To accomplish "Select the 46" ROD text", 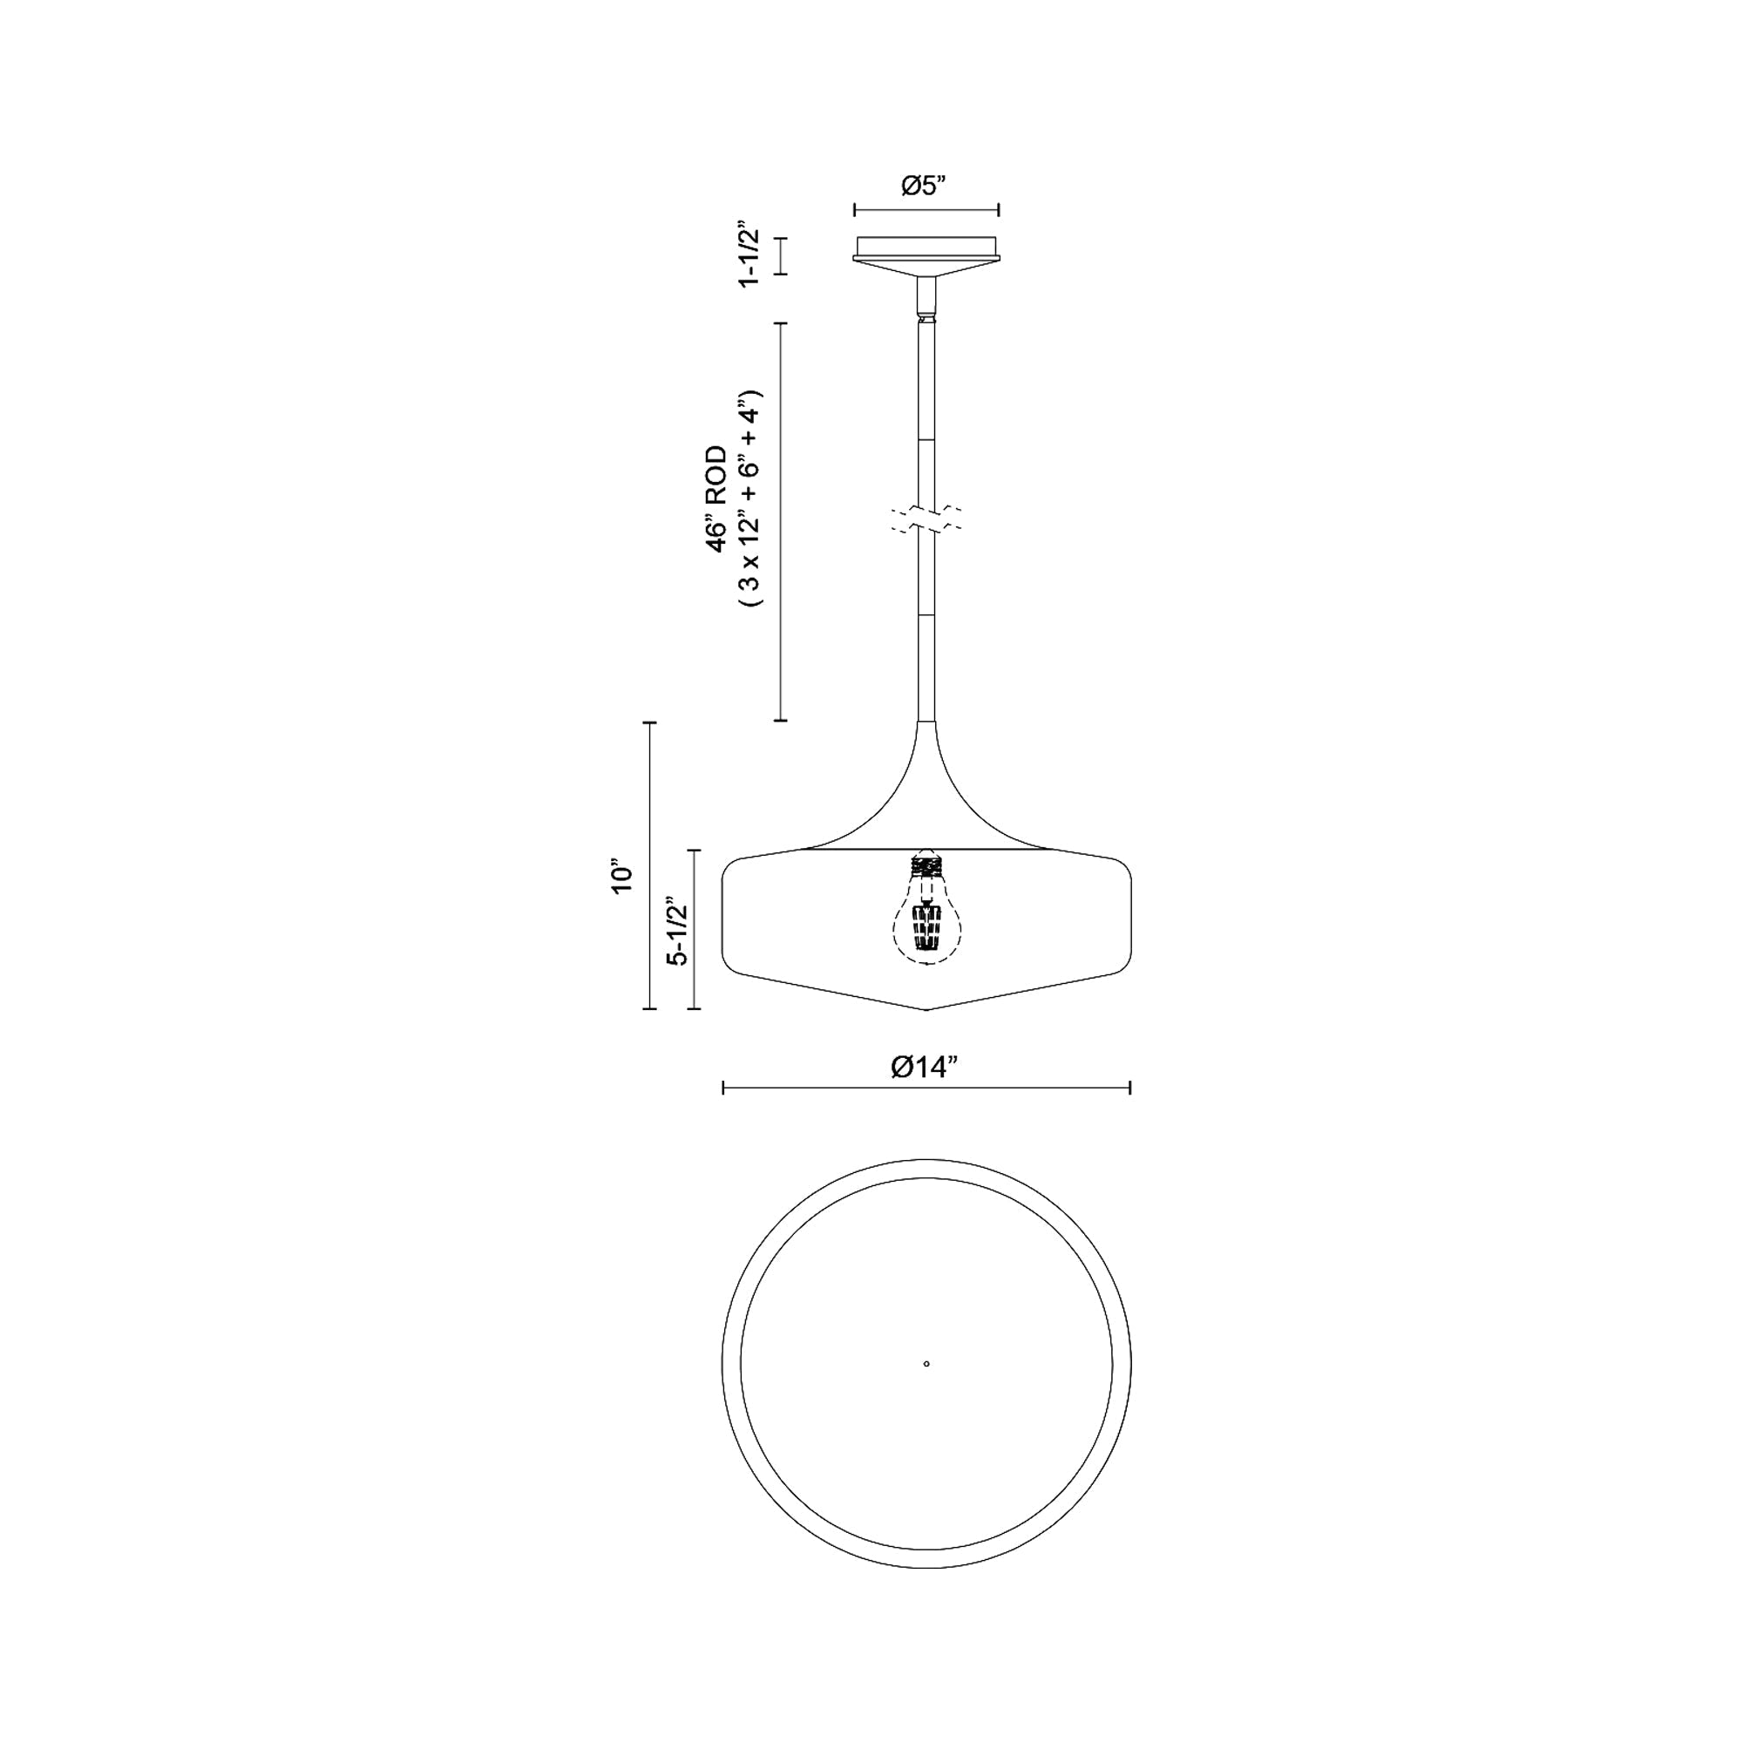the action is pos(716,498).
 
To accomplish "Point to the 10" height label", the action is pos(622,874).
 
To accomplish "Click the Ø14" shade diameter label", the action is pos(924,1068).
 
